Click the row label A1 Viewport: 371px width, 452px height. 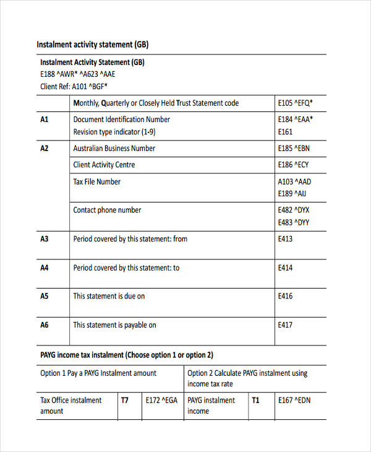point(45,120)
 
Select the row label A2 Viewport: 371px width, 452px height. point(45,149)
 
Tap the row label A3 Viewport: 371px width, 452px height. point(45,239)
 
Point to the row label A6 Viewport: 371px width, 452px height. point(45,325)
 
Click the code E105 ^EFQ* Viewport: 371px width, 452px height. point(296,103)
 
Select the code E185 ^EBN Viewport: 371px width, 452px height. point(293,149)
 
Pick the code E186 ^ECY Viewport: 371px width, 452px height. point(293,165)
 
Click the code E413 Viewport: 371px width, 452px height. point(286,239)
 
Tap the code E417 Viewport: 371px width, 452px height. point(286,325)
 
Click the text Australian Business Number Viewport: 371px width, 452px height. point(114,149)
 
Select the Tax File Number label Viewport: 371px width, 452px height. point(97,182)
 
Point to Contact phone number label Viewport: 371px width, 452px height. point(107,211)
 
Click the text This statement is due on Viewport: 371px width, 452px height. point(109,297)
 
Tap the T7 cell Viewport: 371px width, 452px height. point(125,401)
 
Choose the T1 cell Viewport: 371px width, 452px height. point(255,401)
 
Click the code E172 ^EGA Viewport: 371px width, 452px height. point(161,401)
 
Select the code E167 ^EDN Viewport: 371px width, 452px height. point(294,401)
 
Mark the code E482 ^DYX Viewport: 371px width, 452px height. point(294,211)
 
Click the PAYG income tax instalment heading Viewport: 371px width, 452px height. point(127,355)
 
